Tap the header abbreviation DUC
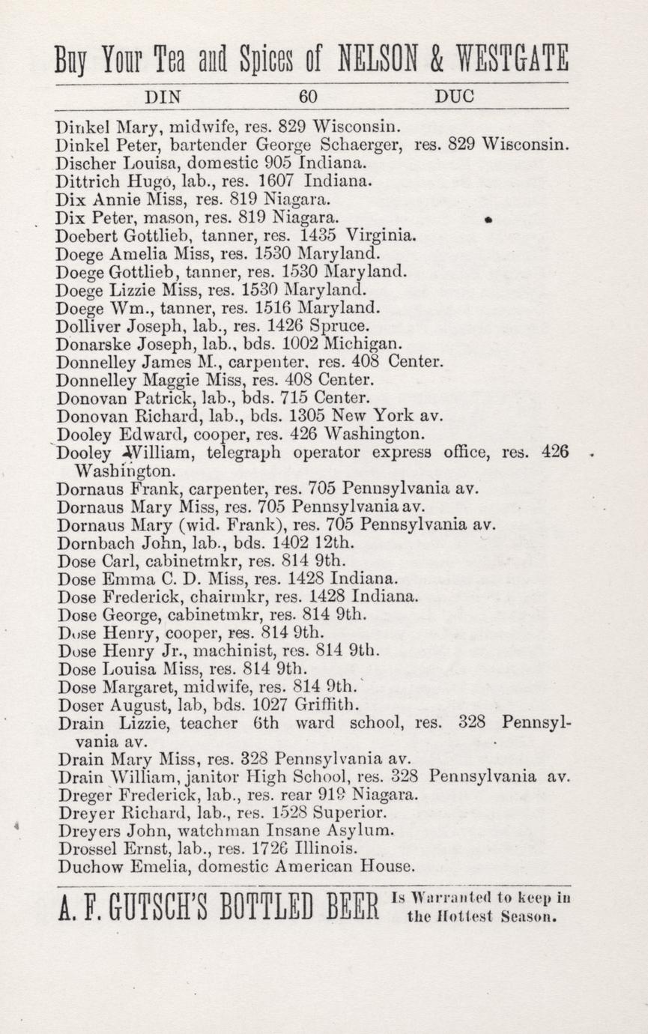point(453,97)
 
